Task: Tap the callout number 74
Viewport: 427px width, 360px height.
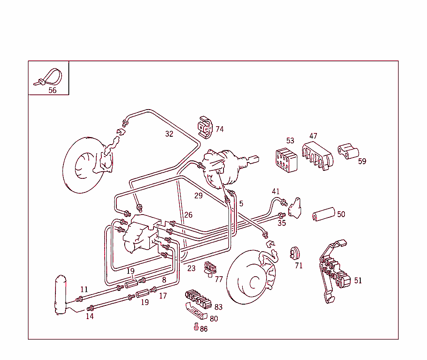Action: [219, 129]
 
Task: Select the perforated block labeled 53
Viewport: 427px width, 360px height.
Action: [286, 160]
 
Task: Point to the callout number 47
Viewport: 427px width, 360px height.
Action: [313, 136]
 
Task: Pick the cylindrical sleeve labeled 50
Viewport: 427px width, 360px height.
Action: [324, 214]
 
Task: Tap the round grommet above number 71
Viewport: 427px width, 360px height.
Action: [296, 252]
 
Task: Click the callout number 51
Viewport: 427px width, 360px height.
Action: [358, 280]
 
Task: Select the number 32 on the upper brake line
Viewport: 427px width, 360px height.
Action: [169, 134]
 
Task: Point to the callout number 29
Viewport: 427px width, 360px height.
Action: [198, 195]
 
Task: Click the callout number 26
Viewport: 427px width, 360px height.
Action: [188, 215]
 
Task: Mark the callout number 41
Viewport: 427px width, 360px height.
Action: [276, 192]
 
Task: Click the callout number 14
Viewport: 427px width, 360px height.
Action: [90, 316]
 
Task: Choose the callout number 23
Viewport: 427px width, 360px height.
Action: [191, 269]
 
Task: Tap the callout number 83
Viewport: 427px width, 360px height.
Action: [219, 307]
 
